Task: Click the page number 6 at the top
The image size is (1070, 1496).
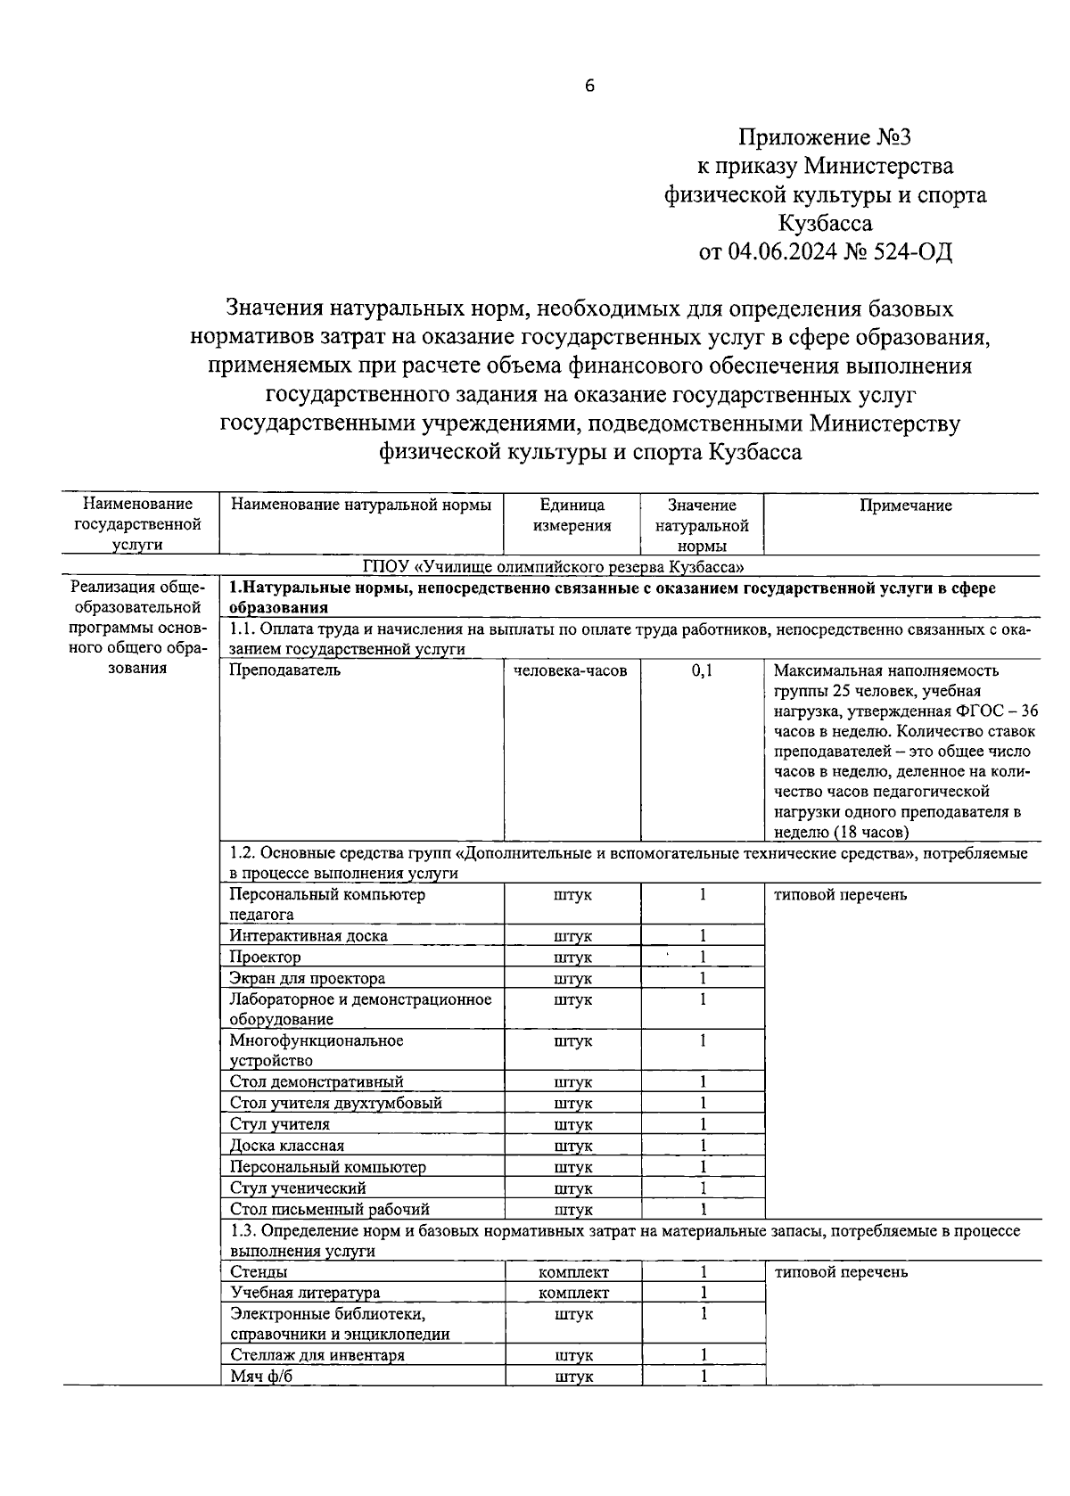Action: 589,86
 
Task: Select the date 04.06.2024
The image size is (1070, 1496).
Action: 782,252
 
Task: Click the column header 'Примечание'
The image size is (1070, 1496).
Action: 905,506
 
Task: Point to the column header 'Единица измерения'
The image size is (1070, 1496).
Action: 572,515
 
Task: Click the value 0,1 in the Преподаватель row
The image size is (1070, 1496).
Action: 703,670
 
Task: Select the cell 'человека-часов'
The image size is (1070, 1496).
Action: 571,670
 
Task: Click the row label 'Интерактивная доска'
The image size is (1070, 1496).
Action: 309,936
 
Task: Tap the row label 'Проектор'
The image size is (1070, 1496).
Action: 265,958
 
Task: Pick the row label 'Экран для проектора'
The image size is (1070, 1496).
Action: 307,979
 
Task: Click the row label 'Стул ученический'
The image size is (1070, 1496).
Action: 297,1188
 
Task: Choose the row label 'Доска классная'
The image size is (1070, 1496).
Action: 286,1146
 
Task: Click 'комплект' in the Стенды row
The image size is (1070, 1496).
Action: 573,1272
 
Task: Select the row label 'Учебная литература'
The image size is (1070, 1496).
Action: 304,1293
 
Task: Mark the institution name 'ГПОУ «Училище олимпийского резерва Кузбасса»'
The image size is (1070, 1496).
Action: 554,567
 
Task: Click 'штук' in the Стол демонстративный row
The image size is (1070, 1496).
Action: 572,1082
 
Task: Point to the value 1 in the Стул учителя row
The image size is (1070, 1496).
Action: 703,1124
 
